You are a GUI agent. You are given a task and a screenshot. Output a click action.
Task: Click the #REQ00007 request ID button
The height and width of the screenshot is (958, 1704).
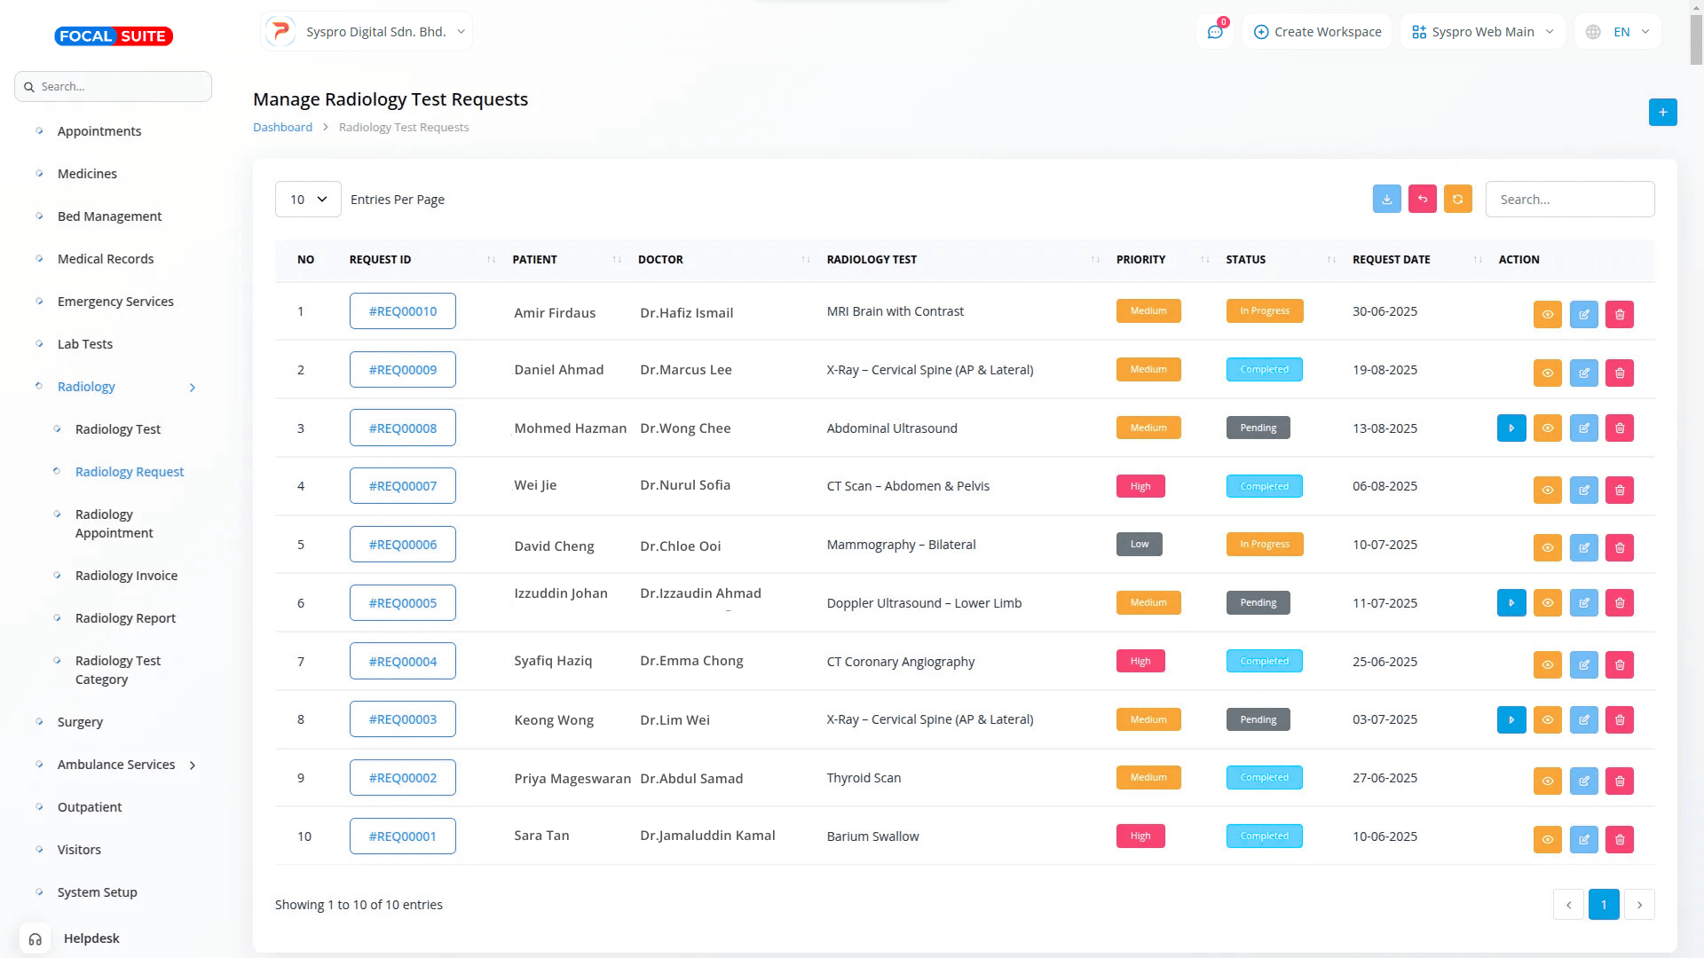click(402, 486)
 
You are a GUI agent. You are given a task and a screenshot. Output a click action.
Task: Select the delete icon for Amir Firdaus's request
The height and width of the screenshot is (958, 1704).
click(1619, 314)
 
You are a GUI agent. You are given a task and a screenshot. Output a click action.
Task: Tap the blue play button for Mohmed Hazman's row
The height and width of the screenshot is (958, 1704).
click(1511, 428)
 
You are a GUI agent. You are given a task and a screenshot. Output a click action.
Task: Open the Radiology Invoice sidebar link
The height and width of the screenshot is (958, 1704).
click(126, 576)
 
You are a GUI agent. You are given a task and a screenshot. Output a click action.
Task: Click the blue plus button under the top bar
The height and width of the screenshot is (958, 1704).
click(1662, 113)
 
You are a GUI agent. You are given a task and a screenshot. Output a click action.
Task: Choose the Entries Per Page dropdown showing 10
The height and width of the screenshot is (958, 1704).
click(308, 200)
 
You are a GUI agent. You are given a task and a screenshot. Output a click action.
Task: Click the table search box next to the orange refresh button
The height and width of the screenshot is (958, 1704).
click(1569, 200)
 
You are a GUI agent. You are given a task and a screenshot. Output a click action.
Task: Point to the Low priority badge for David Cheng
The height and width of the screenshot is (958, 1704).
click(1139, 545)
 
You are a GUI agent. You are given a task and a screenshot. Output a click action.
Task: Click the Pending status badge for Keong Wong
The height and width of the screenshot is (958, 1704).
click(1258, 719)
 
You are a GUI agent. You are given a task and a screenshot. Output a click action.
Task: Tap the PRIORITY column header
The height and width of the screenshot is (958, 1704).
click(1140, 260)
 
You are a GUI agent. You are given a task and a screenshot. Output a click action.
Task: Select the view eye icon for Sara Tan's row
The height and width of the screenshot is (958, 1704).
click(1547, 839)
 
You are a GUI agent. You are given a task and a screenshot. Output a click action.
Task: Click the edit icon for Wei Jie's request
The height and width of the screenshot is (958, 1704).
click(1583, 490)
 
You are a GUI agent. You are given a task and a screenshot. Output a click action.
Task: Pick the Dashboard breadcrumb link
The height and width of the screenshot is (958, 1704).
click(282, 128)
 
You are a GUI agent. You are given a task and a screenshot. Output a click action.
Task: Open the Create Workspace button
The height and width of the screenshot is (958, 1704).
click(1317, 32)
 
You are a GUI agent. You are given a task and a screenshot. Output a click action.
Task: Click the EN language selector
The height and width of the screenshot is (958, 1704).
click(1620, 32)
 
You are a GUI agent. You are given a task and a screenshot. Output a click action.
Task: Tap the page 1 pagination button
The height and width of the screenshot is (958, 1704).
click(1603, 905)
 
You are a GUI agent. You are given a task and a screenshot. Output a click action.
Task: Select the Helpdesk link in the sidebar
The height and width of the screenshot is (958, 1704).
click(91, 938)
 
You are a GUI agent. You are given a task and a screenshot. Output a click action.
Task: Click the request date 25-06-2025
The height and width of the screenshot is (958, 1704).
click(1384, 662)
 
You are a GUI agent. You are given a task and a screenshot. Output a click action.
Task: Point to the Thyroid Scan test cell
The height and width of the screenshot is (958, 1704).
click(864, 778)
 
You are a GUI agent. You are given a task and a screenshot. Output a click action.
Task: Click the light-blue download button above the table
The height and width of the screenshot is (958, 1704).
click(1386, 200)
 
